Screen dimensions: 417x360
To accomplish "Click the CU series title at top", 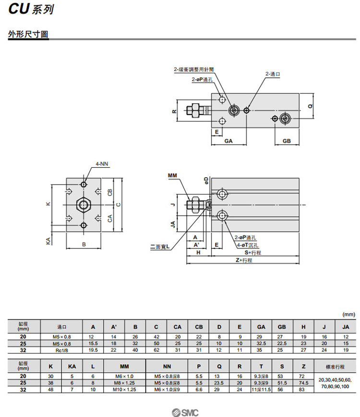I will coord(30,10).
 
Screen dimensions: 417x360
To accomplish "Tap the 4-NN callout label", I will coord(102,164).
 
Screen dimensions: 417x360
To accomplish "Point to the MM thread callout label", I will coord(173,176).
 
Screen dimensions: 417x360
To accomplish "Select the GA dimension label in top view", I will coord(228,141).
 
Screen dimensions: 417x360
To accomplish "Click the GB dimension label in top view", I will coord(287,141).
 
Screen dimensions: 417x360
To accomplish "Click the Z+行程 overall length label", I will coord(243,260).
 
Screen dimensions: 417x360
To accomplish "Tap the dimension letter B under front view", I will coord(84,245).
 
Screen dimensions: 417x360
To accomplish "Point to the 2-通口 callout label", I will coord(272,74).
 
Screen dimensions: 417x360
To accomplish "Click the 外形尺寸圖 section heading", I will coord(28,35).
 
